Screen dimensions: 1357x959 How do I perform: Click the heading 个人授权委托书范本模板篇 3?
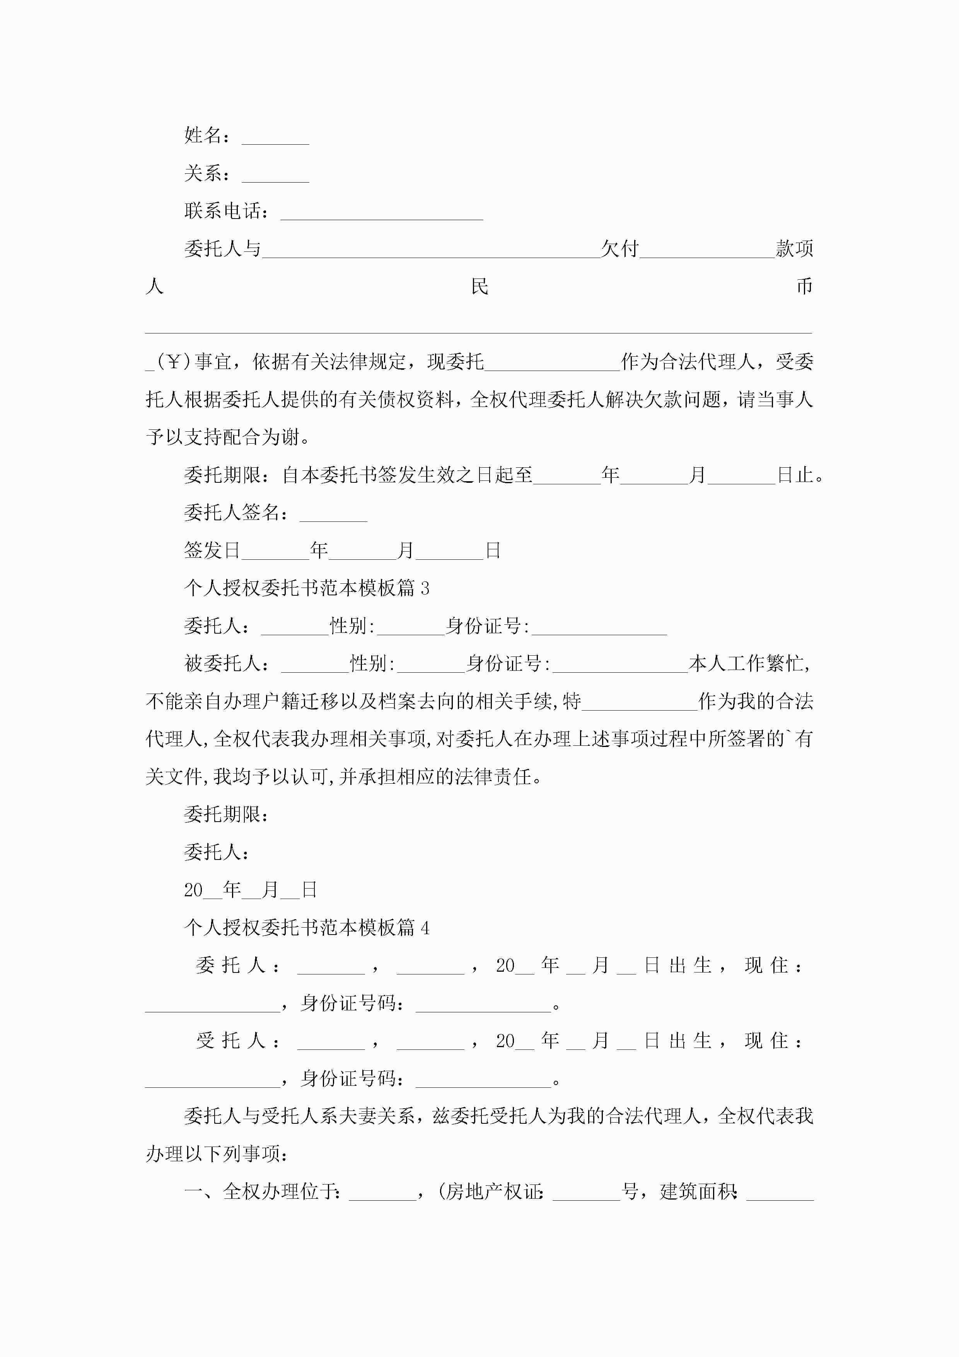click(x=307, y=588)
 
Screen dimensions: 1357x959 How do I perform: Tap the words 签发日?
click(x=212, y=550)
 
